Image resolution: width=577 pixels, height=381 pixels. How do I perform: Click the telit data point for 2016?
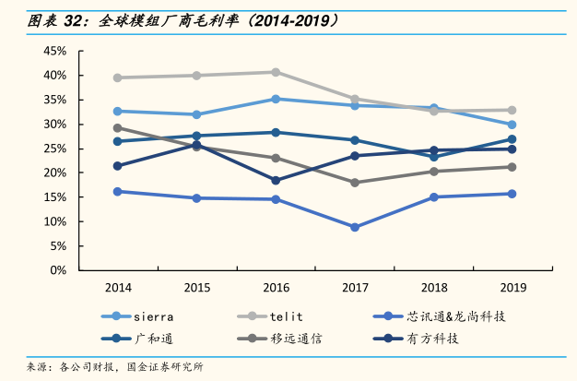pos(276,72)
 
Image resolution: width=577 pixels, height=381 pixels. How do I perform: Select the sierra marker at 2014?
pos(118,111)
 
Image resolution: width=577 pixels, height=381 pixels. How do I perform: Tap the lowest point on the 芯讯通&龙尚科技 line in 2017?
pos(355,227)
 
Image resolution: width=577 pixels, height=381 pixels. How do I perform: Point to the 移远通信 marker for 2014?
pos(118,127)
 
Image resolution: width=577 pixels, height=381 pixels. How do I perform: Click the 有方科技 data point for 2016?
pos(276,181)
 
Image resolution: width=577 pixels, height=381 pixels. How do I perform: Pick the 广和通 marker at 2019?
pos(512,139)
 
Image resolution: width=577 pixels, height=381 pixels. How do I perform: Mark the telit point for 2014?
pos(118,77)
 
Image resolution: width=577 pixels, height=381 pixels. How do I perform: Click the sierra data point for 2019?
pos(512,125)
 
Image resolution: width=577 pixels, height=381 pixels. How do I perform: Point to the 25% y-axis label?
pos(54,149)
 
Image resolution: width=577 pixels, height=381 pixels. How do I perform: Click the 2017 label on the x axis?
pos(355,287)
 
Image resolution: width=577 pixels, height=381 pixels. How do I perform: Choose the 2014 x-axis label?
pos(118,287)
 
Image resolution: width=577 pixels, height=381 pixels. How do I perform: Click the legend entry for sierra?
pos(147,316)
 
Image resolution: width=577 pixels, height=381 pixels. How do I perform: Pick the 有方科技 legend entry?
pos(430,339)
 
